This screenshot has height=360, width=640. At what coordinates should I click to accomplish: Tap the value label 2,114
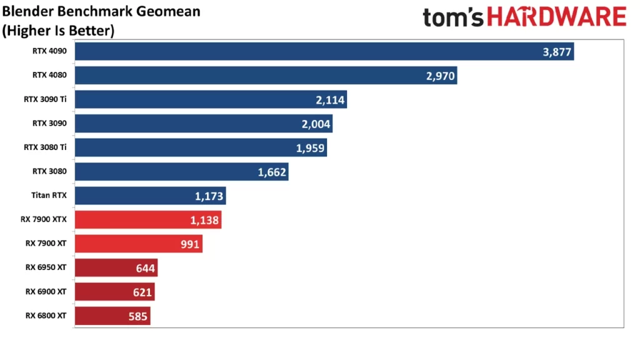[x=331, y=100]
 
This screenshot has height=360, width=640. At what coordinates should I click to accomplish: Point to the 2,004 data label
[x=316, y=124]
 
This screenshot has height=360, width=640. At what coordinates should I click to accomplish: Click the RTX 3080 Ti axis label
[x=45, y=147]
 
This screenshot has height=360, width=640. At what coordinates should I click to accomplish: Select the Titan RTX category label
[x=49, y=196]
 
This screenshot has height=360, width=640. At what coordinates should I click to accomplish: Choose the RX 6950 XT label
[x=46, y=267]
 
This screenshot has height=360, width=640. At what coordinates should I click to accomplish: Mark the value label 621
[x=141, y=292]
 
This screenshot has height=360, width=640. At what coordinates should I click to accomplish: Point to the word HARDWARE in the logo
[x=556, y=17]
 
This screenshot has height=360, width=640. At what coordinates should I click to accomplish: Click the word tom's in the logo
[x=453, y=17]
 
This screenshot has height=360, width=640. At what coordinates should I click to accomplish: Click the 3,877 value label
[x=557, y=52]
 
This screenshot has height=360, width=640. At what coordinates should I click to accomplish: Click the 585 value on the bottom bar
[x=137, y=316]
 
